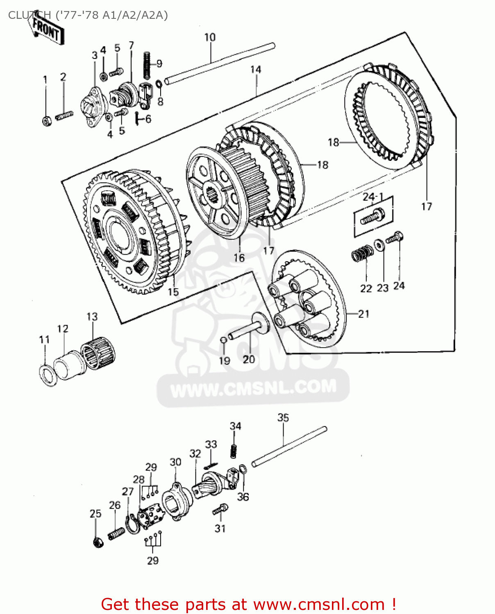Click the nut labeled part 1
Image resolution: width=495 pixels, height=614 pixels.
(x=47, y=121)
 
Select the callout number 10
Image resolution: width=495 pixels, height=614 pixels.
(x=210, y=37)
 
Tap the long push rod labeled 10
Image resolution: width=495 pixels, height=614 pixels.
(x=219, y=63)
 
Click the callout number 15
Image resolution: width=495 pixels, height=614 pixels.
(x=173, y=292)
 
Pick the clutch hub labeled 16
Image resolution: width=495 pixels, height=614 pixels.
(x=215, y=192)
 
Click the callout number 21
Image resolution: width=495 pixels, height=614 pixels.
(x=363, y=314)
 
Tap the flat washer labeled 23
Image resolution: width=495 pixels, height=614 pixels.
(x=379, y=245)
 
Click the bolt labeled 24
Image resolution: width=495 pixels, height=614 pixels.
(x=395, y=237)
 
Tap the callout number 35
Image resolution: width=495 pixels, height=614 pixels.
(x=283, y=418)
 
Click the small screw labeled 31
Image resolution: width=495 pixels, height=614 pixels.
(x=220, y=510)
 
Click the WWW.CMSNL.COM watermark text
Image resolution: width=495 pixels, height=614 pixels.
(x=253, y=388)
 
